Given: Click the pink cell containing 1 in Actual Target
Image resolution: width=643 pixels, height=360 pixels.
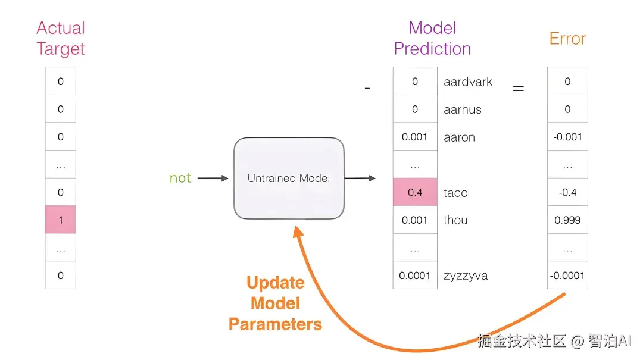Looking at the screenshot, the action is click(x=60, y=220).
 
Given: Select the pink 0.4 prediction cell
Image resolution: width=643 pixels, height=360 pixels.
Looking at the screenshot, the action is click(x=415, y=192).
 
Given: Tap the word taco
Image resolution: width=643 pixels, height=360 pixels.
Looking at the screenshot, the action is click(x=455, y=193).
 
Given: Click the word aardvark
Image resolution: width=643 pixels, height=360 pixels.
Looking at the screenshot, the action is click(x=468, y=82).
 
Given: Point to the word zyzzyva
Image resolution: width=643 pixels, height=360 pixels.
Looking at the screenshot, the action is click(x=466, y=276).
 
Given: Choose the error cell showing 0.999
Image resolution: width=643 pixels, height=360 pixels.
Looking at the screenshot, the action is click(x=567, y=220).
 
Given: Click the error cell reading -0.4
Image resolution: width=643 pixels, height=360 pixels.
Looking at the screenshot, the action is click(x=567, y=192).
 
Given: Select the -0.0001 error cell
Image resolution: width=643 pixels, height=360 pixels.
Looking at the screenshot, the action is click(x=567, y=275).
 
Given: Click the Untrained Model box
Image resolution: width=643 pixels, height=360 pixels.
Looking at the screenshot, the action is click(x=289, y=179).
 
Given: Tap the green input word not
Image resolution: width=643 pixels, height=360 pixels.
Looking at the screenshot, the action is click(x=180, y=178).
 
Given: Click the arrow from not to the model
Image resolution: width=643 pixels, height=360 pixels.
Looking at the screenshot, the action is click(x=213, y=179).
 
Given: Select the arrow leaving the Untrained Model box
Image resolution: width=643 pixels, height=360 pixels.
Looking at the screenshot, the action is click(x=360, y=179).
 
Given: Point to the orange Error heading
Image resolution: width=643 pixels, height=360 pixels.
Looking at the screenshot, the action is click(x=567, y=39).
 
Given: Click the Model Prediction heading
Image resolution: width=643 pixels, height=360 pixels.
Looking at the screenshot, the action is click(x=432, y=38).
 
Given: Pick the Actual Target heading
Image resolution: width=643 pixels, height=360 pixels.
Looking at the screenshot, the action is click(x=61, y=38).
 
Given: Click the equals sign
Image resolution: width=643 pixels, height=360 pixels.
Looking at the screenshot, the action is click(x=519, y=88).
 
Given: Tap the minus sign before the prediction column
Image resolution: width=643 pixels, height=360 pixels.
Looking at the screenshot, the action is click(x=367, y=88).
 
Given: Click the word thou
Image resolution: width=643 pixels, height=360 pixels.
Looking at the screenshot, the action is click(x=455, y=220).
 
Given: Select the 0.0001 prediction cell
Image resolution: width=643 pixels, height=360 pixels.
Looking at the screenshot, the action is click(x=415, y=275).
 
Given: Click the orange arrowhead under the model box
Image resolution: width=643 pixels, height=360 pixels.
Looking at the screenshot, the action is click(x=298, y=231).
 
